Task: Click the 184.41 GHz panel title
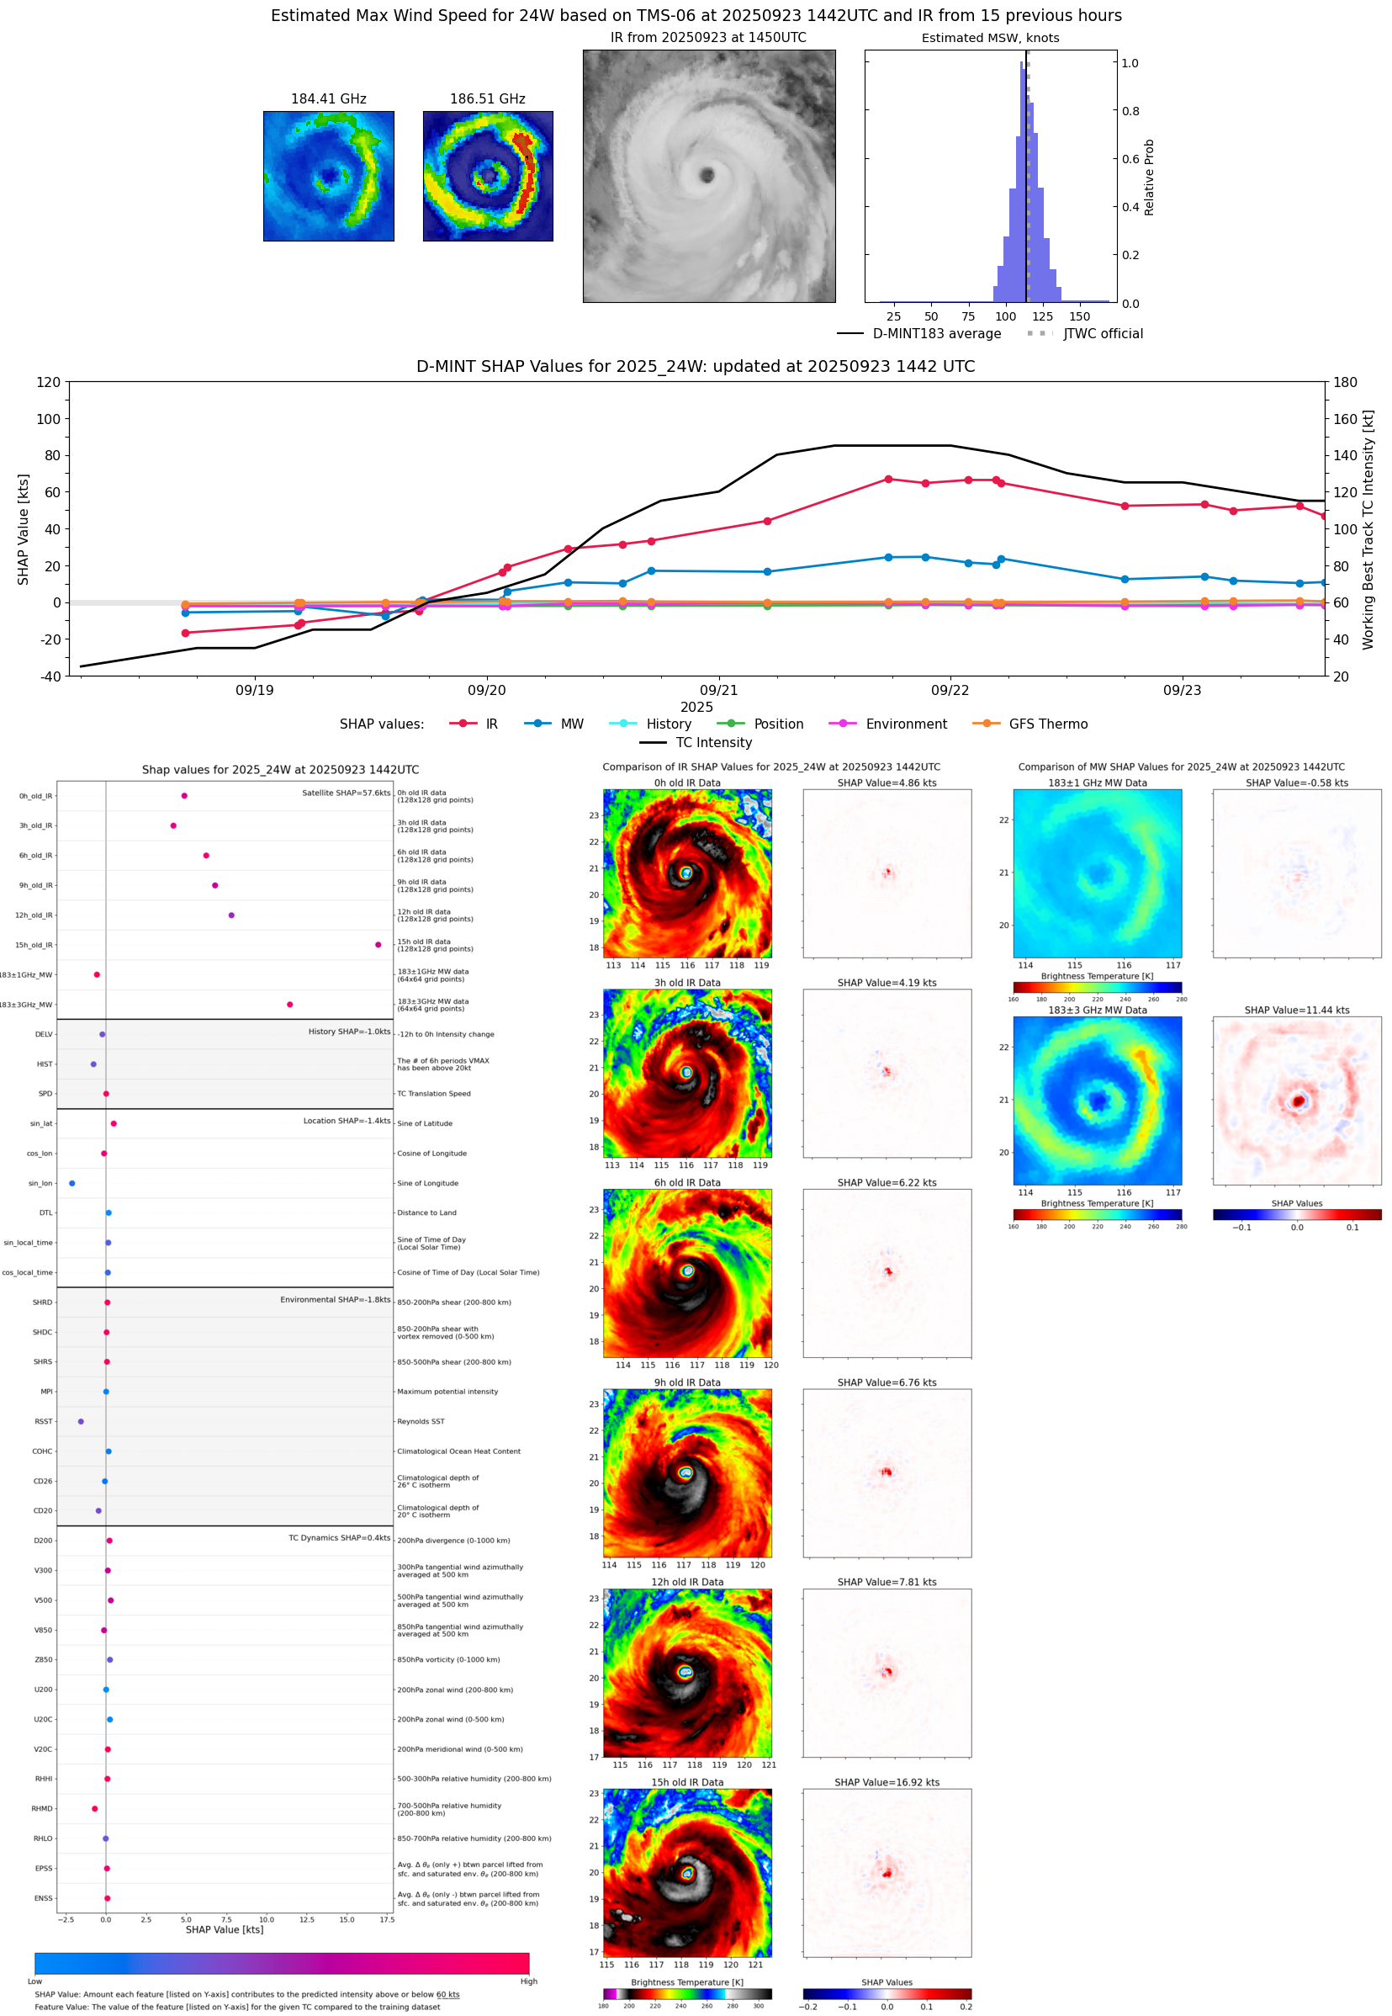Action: pos(328,99)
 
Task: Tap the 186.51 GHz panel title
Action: pos(488,99)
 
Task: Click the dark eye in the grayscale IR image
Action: pos(707,175)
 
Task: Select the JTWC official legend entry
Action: pos(1103,333)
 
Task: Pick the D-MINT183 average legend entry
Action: pos(936,333)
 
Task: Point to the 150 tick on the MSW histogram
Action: pos(1080,316)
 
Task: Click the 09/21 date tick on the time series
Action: pos(718,690)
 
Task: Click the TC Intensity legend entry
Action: pos(712,742)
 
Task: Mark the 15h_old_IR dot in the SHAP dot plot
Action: pos(378,945)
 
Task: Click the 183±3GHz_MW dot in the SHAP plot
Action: pos(289,1004)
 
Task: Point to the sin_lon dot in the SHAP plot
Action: pos(71,1183)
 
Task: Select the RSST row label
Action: pos(44,1421)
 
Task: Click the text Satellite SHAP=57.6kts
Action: pos(346,793)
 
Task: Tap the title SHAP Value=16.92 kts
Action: pos(887,1782)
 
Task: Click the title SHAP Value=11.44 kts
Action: pos(1296,1011)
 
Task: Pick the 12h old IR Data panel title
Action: pos(686,1582)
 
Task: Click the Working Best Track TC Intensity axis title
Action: pos(1367,529)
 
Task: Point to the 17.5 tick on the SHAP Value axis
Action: pos(386,1919)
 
